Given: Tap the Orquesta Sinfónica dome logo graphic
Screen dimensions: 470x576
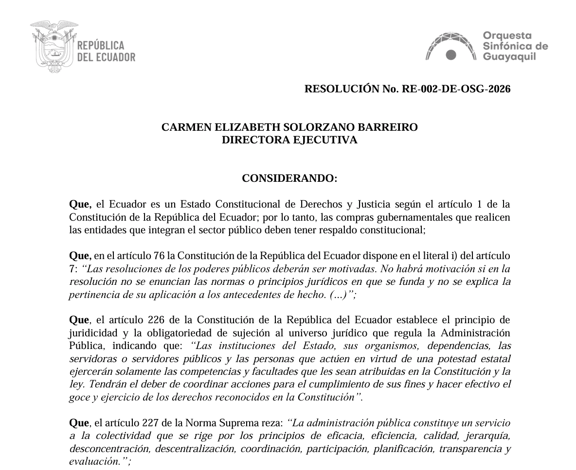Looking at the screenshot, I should coord(451,47).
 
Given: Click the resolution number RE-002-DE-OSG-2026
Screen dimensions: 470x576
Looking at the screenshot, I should coord(456,89).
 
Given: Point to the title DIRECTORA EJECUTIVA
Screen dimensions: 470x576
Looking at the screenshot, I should coord(289,140).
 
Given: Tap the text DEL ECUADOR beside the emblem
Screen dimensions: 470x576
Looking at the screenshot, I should coord(107,57).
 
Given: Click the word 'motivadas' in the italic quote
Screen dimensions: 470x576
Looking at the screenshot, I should coord(317,269).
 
